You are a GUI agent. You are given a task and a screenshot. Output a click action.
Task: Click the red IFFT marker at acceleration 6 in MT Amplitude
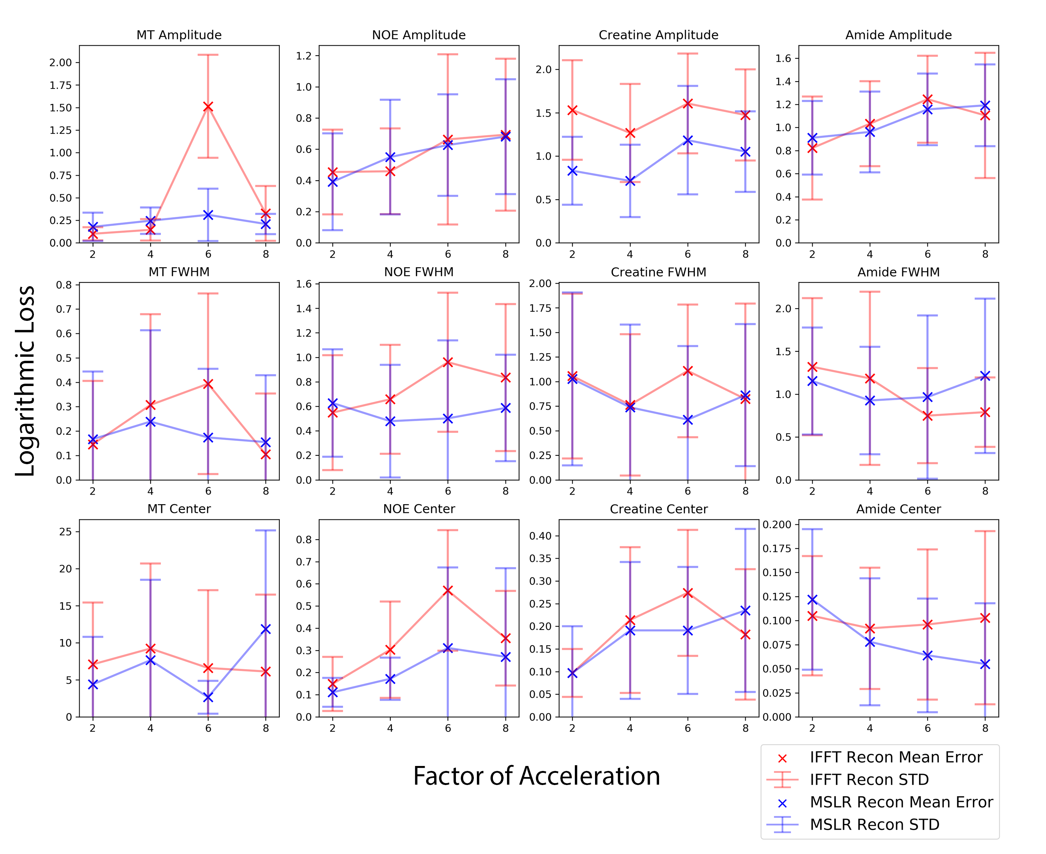(208, 107)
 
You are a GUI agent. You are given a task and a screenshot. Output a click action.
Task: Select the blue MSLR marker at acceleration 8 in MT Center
(266, 629)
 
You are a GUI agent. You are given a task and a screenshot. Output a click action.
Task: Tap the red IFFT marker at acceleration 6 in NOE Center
(448, 590)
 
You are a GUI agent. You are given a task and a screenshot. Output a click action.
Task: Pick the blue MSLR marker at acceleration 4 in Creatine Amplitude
(630, 181)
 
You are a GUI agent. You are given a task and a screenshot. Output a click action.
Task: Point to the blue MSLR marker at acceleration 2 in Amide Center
(812, 600)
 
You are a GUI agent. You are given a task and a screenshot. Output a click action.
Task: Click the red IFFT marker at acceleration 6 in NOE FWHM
(448, 362)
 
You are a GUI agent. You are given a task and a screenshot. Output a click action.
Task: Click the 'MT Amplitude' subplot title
(179, 35)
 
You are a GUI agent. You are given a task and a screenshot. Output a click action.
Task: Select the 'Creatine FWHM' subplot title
(658, 272)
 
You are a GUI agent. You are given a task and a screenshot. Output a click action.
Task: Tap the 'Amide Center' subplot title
(898, 509)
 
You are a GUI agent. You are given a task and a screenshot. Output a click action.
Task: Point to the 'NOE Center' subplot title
(419, 509)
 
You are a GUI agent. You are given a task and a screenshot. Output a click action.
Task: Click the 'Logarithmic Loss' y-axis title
(25, 381)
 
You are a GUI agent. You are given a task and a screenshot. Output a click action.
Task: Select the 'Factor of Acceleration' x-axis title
(536, 776)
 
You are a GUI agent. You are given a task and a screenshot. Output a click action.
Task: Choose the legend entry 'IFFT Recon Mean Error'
(896, 757)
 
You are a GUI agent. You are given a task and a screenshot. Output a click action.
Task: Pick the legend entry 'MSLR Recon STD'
(874, 825)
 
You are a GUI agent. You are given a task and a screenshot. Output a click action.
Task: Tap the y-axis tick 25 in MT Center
(66, 532)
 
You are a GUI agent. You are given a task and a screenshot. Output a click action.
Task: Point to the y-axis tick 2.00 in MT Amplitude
(61, 62)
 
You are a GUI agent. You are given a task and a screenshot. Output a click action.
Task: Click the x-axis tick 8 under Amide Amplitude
(985, 254)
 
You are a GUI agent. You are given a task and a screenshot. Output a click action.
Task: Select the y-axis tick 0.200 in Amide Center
(777, 524)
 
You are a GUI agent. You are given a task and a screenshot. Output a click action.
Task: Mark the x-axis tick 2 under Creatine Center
(572, 728)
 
